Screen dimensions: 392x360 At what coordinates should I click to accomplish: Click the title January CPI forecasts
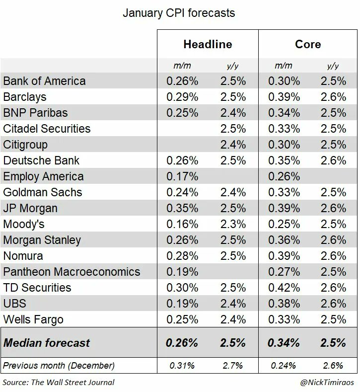pos(179,13)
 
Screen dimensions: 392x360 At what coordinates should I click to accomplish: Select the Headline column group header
pos(208,44)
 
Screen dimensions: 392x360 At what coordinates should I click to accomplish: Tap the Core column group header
pos(308,44)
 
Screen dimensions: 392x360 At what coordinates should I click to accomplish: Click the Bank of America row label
pos(45,81)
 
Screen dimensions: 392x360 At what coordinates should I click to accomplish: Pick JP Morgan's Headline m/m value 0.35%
pos(182,208)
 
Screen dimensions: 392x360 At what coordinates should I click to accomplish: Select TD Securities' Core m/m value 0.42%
pos(284,288)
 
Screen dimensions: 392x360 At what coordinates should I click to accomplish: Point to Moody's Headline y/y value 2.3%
pos(233,224)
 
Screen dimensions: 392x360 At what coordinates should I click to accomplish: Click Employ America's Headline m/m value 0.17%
pos(182,176)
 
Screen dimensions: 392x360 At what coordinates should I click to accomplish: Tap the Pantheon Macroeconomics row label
pos(72,272)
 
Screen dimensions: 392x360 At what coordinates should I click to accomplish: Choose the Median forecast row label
pos(47,342)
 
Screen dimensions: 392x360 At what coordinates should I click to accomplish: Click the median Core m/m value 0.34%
pos(284,342)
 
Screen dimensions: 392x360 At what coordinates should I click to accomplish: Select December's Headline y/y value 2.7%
pos(233,366)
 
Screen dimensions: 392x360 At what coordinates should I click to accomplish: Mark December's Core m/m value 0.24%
pos(284,366)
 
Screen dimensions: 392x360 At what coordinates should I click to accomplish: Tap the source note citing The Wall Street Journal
pos(59,382)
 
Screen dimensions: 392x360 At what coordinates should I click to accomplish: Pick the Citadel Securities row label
pos(47,129)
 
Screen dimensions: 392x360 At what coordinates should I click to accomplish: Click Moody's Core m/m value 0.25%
pos(284,224)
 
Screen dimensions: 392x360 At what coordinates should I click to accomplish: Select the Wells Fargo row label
pos(33,319)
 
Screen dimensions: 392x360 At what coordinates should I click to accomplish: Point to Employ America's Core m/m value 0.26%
pos(284,176)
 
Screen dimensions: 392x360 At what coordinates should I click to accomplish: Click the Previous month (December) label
pos(59,366)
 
